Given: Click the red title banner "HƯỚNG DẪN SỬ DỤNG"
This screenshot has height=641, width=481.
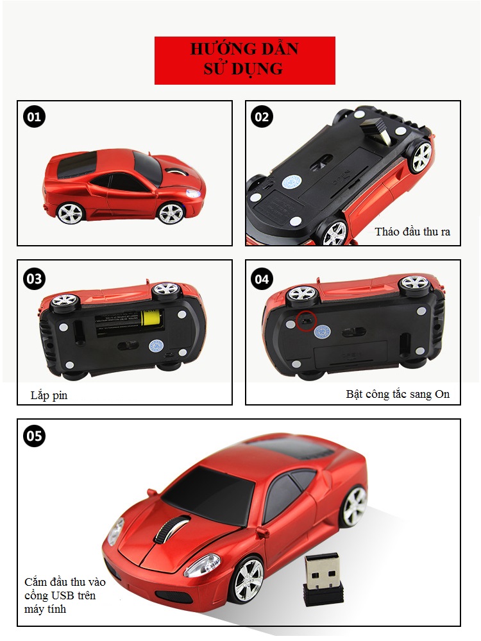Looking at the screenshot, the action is coord(245,60).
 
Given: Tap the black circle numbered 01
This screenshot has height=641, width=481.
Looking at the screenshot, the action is coord(34,117).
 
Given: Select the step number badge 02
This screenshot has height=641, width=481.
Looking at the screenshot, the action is coord(262,117).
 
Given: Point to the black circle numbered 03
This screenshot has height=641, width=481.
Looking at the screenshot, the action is coord(34,279).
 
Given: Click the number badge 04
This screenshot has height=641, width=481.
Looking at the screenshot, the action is coord(262,279).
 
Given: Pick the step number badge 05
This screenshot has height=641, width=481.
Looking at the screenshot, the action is coord(34,436).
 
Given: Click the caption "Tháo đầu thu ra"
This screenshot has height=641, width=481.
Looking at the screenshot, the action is coord(412,232).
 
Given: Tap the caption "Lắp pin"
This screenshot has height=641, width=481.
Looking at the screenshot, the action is coord(49,395).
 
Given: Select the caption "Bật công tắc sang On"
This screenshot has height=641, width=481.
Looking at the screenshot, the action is coord(398,394).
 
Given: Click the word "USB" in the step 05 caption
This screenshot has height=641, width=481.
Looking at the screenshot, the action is coord(62,595).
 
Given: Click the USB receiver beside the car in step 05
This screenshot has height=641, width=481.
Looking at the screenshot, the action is coord(322,581).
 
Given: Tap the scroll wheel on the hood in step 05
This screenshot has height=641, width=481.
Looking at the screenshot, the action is coord(172,528).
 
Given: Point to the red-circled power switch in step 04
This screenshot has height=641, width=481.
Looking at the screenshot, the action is coord(307,320).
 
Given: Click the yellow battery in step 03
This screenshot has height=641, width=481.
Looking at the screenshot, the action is coord(151,318).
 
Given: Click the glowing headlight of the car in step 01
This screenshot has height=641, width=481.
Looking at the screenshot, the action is coord(192,193).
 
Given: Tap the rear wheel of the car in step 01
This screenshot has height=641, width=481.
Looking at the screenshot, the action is coord(70,213).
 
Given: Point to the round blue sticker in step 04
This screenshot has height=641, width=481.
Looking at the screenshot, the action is coord(323,331).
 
